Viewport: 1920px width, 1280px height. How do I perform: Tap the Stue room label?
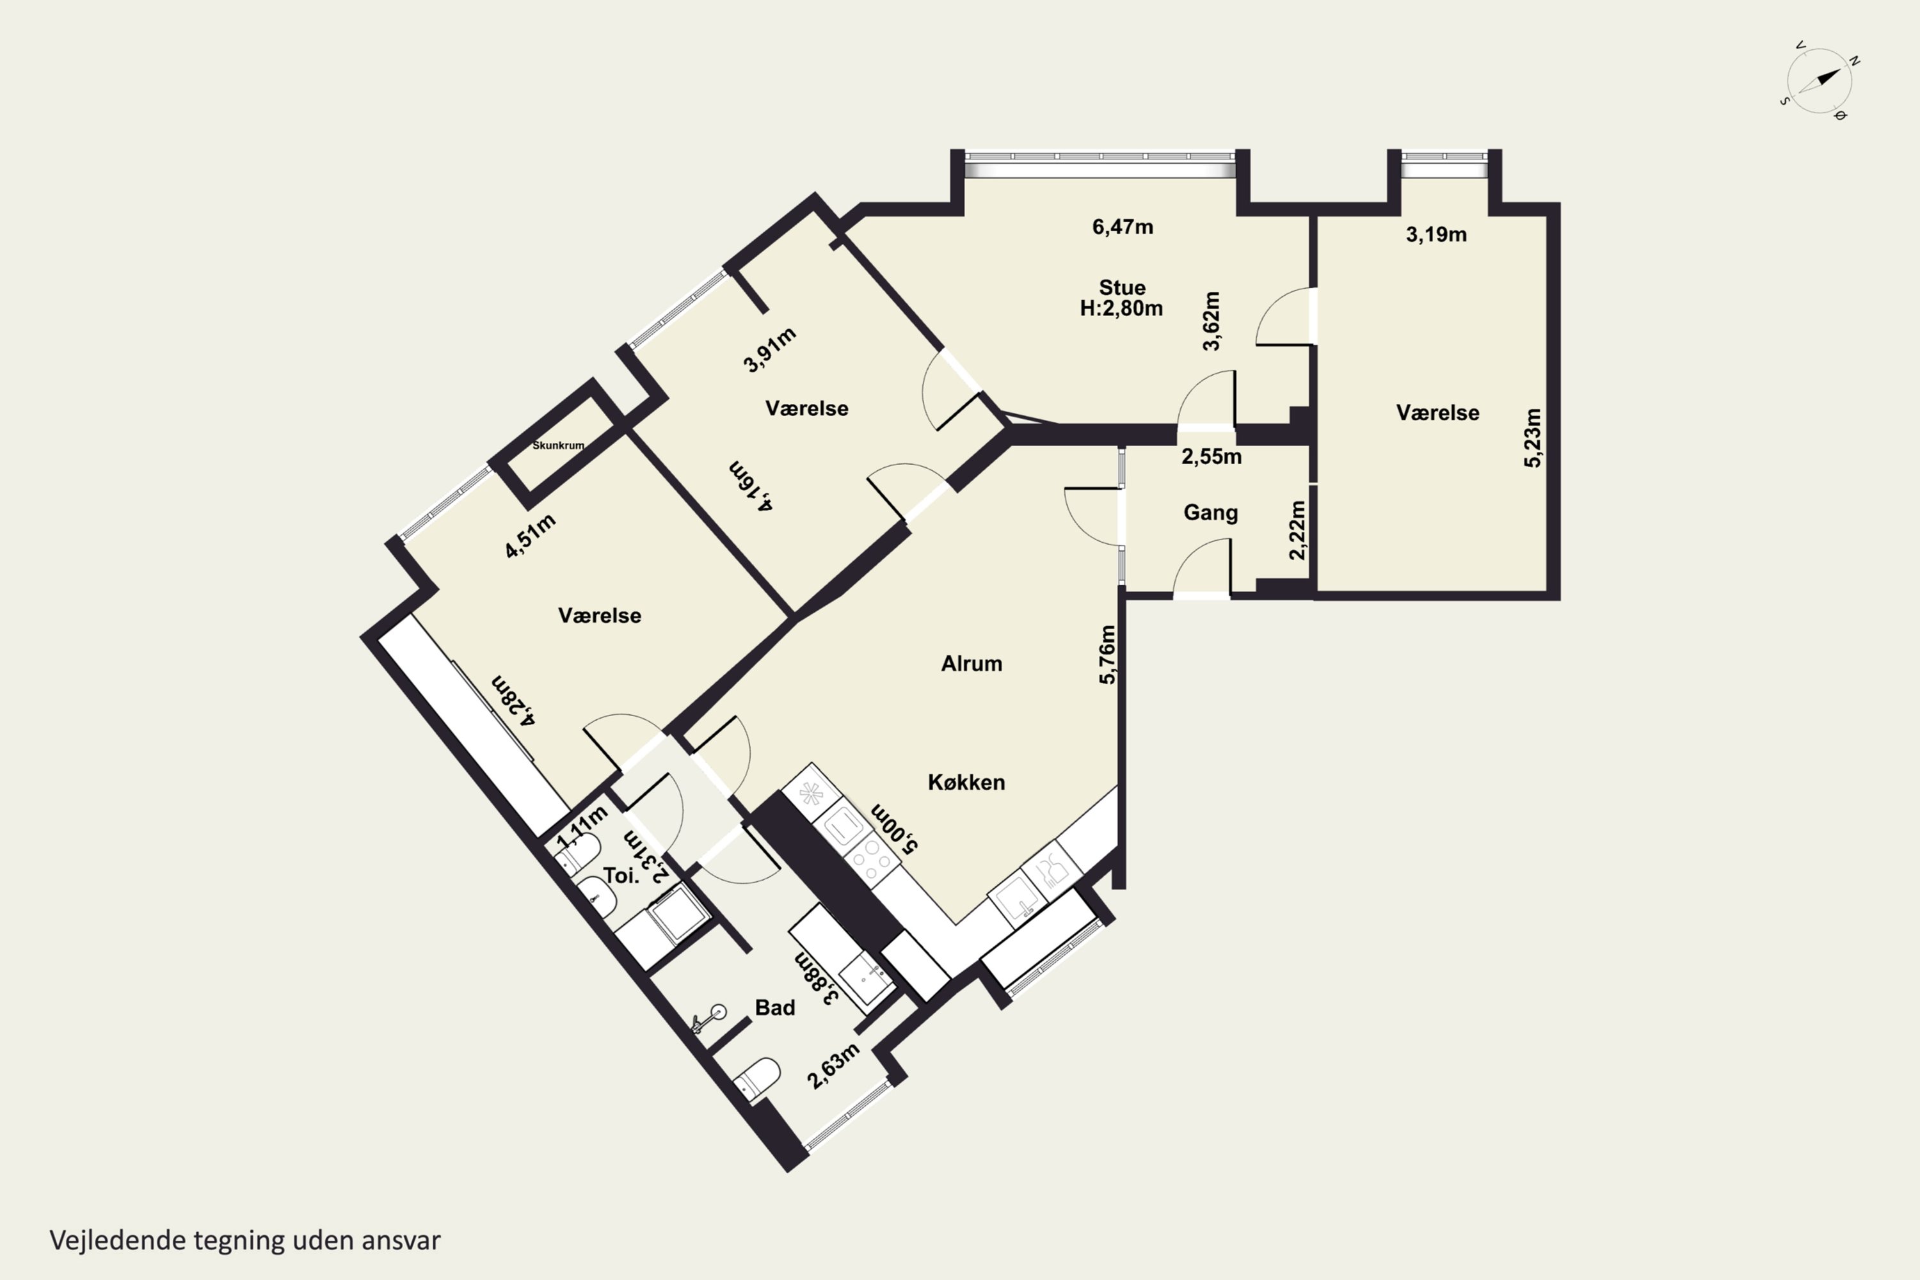1122,287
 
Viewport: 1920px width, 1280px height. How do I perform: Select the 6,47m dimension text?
1123,227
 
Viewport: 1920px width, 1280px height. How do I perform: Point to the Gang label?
1211,513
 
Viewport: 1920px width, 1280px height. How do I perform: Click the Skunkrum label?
558,445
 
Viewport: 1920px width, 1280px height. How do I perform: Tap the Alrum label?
972,664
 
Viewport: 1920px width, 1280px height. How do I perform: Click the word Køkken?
966,782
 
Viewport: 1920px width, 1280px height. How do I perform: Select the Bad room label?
774,1008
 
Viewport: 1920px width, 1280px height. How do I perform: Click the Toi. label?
620,876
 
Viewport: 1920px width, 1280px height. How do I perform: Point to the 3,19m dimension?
1436,235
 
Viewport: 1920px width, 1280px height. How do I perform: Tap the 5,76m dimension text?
1107,655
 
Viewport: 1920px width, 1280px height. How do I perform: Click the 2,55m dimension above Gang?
1212,457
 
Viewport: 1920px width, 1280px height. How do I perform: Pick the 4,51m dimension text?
531,536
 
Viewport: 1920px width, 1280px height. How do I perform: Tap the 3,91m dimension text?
770,350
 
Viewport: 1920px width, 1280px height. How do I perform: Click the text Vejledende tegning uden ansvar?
245,1241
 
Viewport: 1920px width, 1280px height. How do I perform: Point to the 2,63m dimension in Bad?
833,1066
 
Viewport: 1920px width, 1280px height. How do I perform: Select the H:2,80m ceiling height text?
1122,308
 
